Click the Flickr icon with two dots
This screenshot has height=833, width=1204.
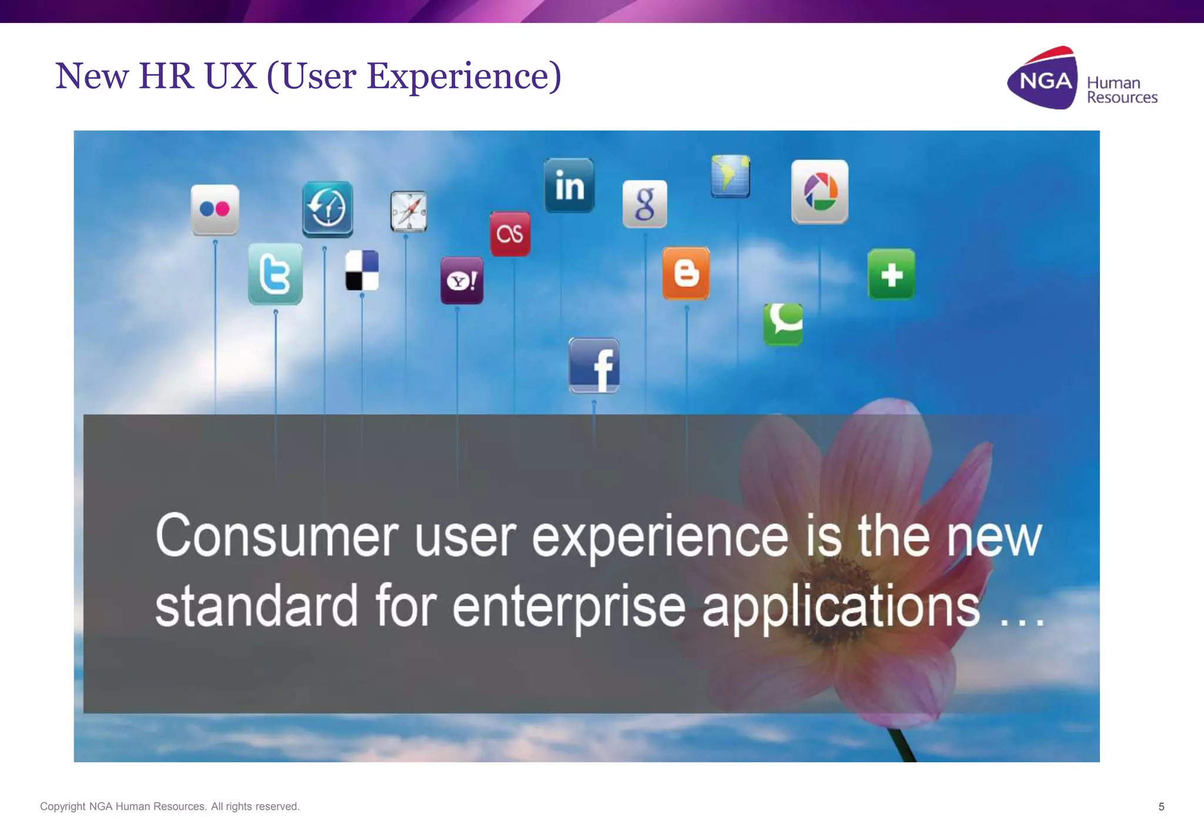(215, 210)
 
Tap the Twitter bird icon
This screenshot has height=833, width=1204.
(275, 274)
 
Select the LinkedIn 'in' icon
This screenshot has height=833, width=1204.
(569, 186)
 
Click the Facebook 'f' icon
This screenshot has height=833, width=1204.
(594, 365)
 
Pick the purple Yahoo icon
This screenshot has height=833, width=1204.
(462, 281)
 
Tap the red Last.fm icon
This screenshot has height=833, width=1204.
(510, 234)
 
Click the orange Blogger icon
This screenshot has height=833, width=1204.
(686, 274)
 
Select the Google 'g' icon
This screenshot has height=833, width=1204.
(645, 204)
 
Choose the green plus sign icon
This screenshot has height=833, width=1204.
(891, 274)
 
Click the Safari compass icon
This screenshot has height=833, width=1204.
(409, 211)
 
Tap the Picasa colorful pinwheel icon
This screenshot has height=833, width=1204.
(820, 192)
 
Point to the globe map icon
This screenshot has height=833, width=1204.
(730, 176)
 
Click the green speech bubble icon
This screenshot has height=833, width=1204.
(783, 324)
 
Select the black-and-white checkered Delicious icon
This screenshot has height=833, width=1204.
(362, 271)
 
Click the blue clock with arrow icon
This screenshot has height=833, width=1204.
(327, 209)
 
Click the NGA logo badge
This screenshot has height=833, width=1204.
(1044, 79)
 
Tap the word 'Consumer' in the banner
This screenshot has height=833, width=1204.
(277, 536)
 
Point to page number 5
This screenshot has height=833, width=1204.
(1161, 807)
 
